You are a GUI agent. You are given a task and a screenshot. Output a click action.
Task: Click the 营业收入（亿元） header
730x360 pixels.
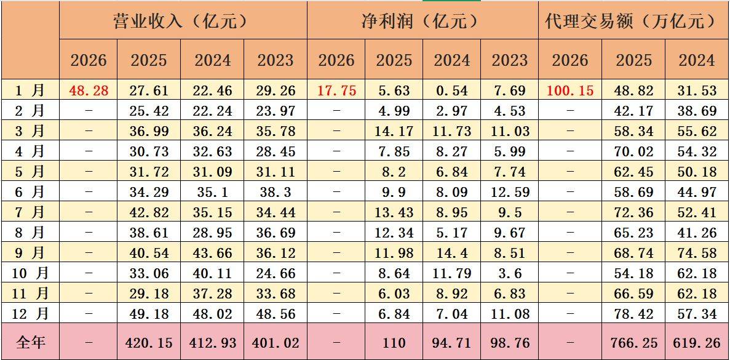(183, 21)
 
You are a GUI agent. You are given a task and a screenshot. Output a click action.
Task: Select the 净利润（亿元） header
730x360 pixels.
(421, 21)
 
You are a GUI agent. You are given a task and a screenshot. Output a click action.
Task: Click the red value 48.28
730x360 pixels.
(89, 90)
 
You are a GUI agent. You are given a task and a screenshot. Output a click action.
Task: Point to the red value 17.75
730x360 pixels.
(336, 90)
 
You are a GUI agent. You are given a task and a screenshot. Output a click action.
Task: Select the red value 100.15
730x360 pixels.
(569, 90)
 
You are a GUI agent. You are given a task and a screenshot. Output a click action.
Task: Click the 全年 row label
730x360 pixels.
(30, 342)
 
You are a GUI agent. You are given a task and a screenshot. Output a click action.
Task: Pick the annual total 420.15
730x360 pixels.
(149, 342)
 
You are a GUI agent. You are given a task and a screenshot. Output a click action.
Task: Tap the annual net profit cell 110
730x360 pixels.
(394, 342)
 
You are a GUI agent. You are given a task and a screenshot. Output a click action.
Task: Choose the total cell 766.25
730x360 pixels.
(634, 342)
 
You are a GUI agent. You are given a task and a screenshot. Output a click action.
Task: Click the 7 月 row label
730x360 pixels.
(30, 213)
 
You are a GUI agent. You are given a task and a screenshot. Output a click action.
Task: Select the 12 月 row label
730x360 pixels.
(30, 314)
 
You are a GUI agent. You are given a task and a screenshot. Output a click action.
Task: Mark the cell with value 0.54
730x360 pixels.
(452, 90)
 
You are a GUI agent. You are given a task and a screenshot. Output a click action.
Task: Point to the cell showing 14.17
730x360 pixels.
(394, 131)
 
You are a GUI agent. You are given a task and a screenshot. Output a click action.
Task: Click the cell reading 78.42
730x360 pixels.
(634, 314)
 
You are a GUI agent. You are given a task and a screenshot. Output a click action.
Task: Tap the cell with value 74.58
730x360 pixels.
(697, 254)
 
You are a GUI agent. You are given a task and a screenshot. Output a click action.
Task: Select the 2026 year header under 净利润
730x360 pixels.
(336, 60)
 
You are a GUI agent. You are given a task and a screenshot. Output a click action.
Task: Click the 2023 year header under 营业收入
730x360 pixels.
(275, 60)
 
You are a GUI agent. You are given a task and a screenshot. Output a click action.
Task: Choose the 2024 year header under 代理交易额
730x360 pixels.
(697, 60)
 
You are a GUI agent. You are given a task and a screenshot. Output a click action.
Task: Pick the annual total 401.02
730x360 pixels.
(275, 342)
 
